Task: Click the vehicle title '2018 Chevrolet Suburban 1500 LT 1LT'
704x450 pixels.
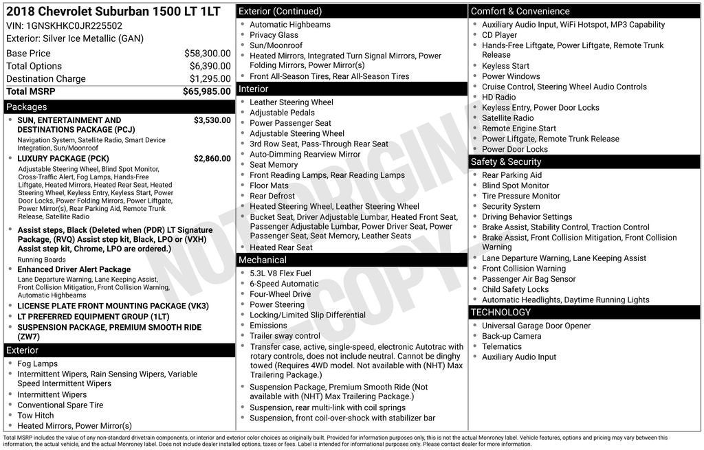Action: point(113,12)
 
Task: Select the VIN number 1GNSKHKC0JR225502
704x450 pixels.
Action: point(74,25)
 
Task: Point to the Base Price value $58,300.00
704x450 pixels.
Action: point(207,53)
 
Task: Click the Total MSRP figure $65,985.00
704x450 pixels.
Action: point(206,91)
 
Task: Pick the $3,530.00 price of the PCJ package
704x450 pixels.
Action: point(212,120)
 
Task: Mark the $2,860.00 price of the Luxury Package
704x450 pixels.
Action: point(212,159)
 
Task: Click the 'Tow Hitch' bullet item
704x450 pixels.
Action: point(36,416)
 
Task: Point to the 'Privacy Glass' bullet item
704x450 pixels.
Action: point(274,35)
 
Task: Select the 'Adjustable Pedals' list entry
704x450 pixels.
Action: point(282,113)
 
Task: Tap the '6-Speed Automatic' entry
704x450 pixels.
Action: point(284,284)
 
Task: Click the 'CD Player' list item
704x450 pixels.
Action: point(499,35)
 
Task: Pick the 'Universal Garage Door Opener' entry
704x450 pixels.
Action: point(536,326)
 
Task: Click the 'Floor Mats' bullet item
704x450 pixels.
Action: point(269,185)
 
